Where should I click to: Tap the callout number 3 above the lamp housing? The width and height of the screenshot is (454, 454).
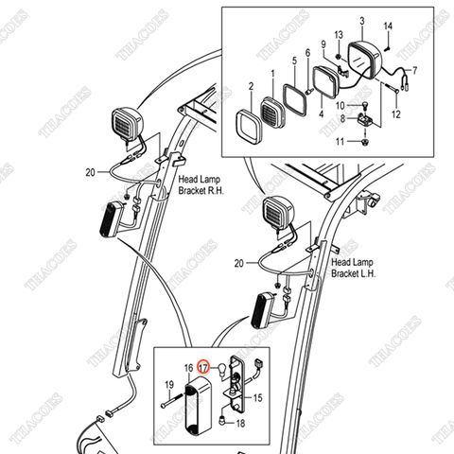coord(362,20)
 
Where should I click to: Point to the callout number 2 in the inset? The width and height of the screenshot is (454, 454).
coord(251,87)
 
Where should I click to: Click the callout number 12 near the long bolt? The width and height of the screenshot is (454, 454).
coord(396,113)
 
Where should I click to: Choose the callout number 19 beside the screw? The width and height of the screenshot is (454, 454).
coord(168,385)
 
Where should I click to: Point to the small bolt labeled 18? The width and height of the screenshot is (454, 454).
coord(224,417)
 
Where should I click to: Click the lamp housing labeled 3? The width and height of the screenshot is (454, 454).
coord(367,57)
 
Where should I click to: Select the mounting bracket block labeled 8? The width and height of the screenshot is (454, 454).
coord(365,122)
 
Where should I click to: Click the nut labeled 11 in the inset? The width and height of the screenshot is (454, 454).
coord(364,143)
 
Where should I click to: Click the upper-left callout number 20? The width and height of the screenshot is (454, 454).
coord(90,172)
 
